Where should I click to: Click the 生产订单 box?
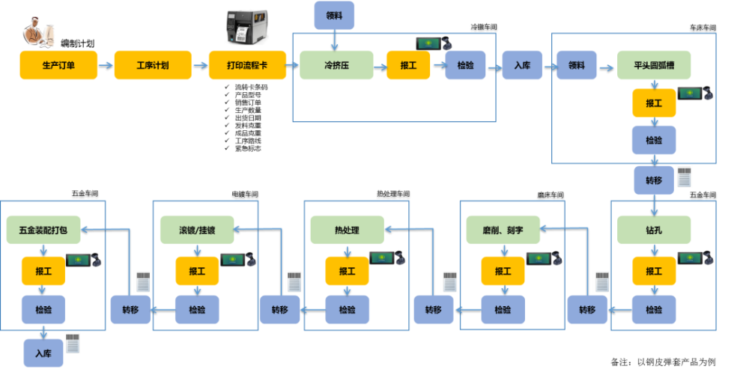(x=57, y=65)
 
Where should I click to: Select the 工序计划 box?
(x=152, y=65)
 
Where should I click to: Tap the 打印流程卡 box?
(x=246, y=65)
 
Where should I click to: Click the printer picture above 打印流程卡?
(x=246, y=27)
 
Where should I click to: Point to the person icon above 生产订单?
(x=37, y=31)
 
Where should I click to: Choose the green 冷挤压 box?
(x=336, y=65)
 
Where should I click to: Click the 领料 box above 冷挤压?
(x=334, y=15)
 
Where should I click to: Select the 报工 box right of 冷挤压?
(x=407, y=65)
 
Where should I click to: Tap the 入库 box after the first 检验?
(x=522, y=65)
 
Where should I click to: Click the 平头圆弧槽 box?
(x=654, y=65)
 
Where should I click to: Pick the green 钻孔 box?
(x=654, y=230)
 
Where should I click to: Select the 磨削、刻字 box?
(x=502, y=230)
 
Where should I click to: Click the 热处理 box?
(x=347, y=230)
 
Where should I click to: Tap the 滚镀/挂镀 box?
(x=197, y=230)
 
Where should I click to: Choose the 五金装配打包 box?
(x=43, y=230)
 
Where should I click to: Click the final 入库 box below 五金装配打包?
(x=43, y=353)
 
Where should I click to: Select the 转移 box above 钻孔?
(x=654, y=180)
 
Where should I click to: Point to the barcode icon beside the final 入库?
(x=72, y=344)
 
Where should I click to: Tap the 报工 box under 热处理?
(x=347, y=270)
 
